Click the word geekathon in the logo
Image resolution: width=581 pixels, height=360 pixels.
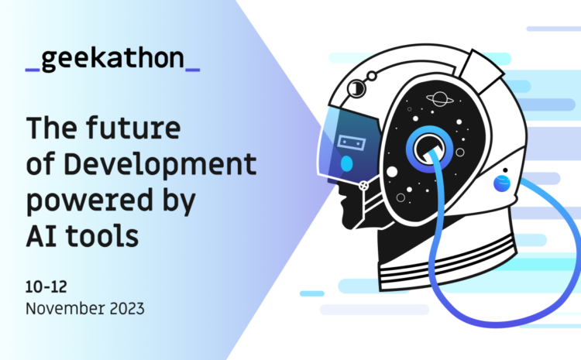coord(113,60)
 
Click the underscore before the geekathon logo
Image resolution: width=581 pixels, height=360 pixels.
coord(33,70)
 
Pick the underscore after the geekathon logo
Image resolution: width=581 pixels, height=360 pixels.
coord(193,70)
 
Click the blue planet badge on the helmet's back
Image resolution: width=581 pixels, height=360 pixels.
coord(502,183)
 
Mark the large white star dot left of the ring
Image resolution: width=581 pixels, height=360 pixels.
coord(392,172)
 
